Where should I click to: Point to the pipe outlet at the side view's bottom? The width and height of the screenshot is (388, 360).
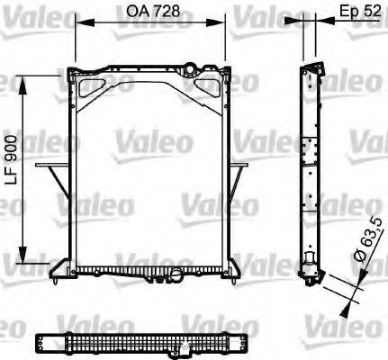point(311,267)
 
